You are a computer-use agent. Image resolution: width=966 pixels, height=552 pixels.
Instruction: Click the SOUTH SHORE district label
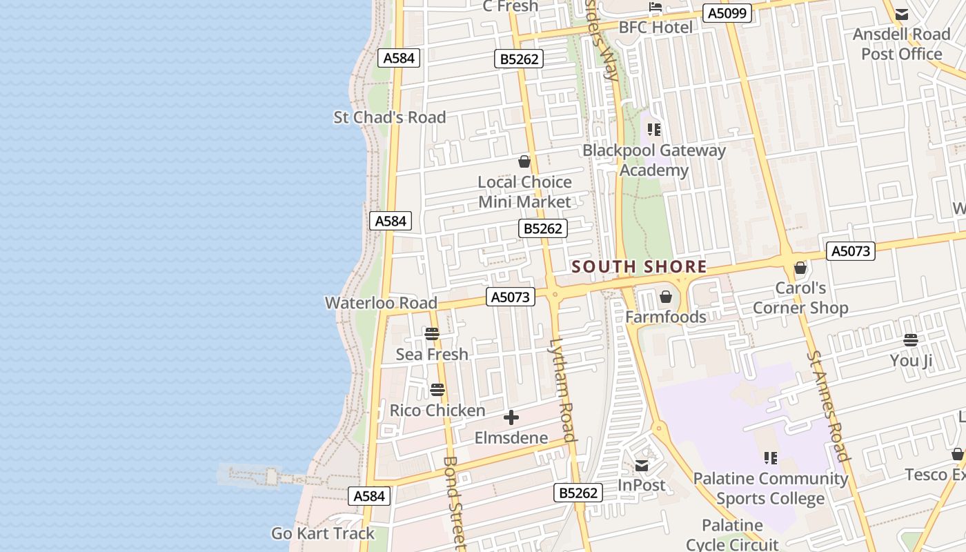coord(639,267)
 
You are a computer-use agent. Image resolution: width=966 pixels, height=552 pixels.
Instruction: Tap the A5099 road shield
coord(727,12)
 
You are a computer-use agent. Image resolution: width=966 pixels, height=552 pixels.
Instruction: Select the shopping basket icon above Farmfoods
coord(666,297)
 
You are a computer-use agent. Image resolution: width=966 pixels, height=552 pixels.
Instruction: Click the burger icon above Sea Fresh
coord(432,335)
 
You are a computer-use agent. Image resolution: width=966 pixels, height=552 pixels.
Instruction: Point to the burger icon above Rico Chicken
coord(437,391)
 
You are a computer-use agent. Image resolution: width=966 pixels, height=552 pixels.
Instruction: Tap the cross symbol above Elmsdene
coord(511,417)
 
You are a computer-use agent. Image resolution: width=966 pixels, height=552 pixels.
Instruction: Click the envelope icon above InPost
coord(642,466)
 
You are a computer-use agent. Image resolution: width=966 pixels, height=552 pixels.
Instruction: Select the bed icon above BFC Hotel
coord(655,8)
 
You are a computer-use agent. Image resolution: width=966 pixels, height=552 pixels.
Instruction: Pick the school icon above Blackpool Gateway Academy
coord(654,130)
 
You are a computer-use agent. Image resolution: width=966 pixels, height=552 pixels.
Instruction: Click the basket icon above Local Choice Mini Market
coord(524,162)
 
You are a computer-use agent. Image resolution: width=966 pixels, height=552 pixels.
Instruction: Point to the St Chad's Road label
coord(390,117)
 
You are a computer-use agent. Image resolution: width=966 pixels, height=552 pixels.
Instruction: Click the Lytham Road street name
coord(563,390)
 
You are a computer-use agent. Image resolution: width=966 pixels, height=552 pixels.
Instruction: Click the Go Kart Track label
coord(323,533)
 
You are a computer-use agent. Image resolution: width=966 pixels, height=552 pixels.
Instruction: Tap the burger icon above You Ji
coord(911,340)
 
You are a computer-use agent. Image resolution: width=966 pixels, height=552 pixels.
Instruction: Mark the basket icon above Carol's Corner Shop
coord(800,268)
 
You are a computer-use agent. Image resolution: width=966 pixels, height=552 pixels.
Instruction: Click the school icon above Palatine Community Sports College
coord(771,458)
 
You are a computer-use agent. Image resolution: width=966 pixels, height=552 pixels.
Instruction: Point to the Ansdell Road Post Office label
coord(901,44)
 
